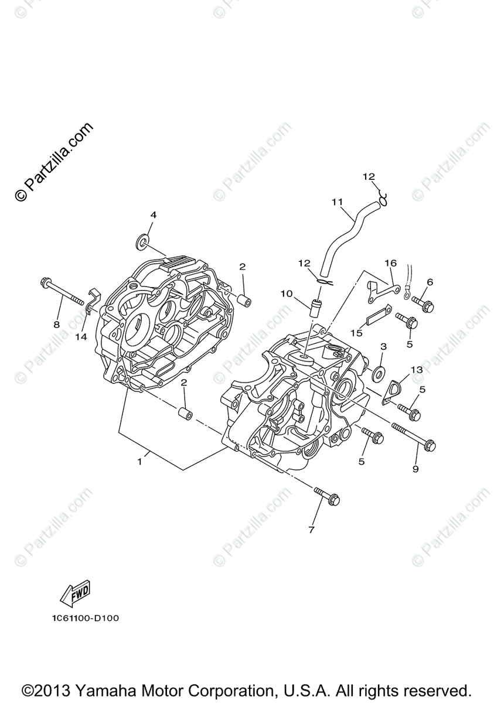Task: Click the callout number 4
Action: [153, 215]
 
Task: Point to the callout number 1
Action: [139, 462]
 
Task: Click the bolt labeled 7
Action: [327, 496]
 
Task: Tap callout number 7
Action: [311, 530]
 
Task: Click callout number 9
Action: [415, 469]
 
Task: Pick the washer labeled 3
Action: [379, 371]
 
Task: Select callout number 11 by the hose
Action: [337, 202]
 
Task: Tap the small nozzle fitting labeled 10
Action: [315, 306]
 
